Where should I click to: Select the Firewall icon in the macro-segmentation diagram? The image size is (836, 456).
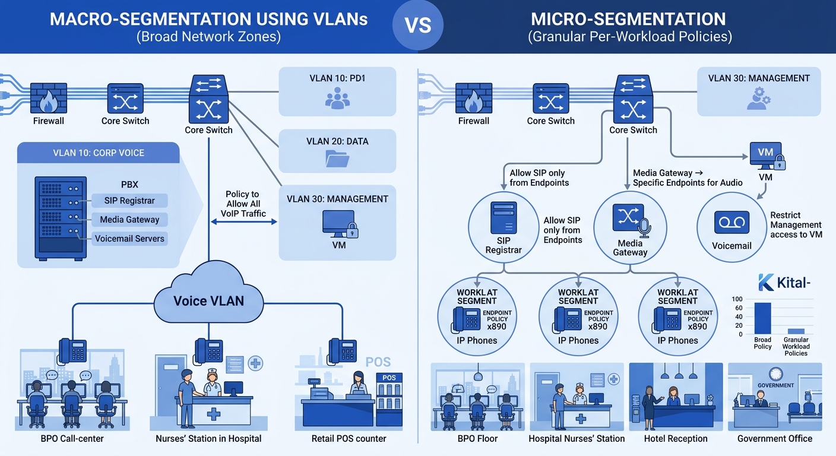(48, 98)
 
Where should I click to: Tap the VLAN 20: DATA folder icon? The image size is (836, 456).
(337, 158)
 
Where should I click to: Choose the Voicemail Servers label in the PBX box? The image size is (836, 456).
(130, 239)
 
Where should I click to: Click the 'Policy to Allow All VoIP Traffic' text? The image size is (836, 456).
(242, 204)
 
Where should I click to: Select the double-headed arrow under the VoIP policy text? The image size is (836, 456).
(244, 221)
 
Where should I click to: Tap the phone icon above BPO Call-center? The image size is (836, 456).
(72, 350)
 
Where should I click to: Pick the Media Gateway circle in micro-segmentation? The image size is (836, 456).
(630, 228)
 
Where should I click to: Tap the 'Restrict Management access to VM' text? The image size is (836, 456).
(796, 225)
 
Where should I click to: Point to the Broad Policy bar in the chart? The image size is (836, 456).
(762, 318)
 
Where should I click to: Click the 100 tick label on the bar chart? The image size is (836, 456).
(737, 299)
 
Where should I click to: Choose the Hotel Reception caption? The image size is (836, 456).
(676, 439)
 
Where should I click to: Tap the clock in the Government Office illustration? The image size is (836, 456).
(775, 373)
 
